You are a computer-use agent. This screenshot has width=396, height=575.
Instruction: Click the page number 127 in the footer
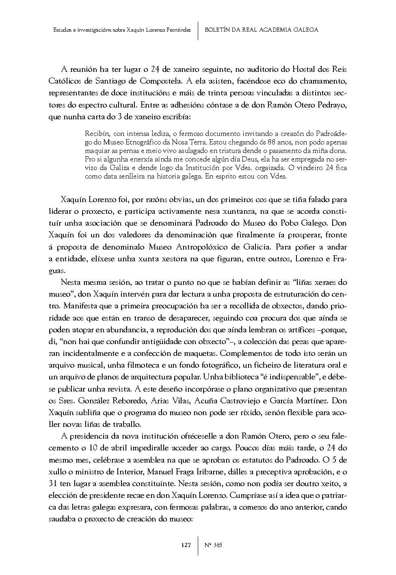coord(186,545)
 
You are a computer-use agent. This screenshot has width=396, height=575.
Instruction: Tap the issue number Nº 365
coord(213,545)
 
